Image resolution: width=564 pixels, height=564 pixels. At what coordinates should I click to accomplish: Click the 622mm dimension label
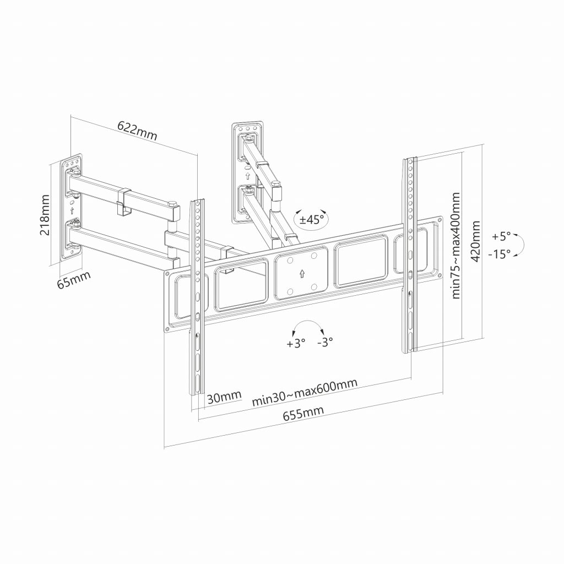137,130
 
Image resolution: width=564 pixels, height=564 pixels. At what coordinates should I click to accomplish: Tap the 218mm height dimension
45,215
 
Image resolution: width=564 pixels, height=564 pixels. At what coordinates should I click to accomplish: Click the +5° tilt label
501,237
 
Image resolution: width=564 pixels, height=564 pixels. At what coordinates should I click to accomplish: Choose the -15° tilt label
500,254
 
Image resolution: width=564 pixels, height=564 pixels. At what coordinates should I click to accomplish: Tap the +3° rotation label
296,343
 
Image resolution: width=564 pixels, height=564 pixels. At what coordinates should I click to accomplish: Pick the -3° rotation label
325,341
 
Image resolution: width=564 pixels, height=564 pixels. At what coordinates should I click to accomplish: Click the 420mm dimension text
475,241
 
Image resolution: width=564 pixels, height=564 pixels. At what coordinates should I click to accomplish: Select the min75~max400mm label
455,245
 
